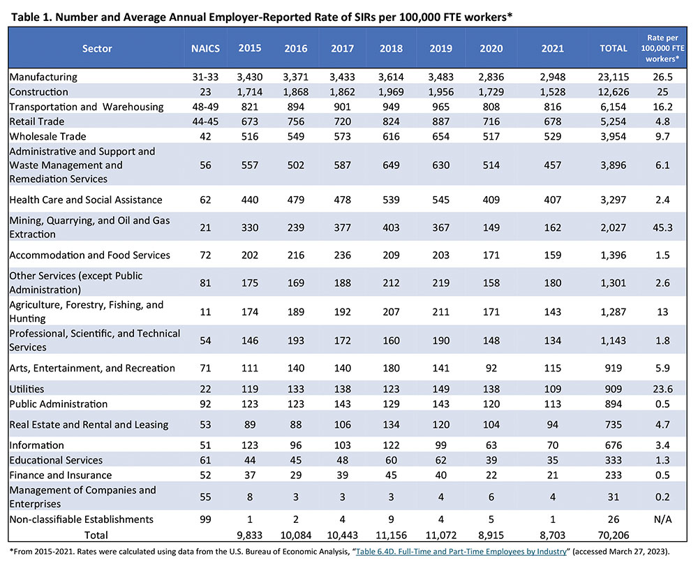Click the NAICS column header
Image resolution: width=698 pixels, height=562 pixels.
205,48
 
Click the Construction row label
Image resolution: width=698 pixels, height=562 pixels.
39,91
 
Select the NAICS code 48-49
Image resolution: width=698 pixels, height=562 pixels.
205,107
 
